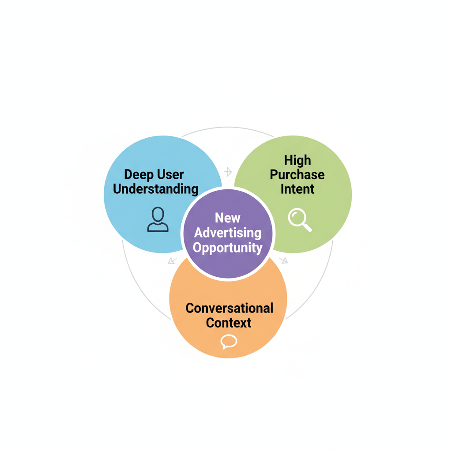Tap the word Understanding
point(155,189)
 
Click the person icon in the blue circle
point(158,220)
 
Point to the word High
point(297,160)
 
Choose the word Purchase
point(297,174)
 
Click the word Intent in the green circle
point(297,189)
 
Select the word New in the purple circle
point(228,218)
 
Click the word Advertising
point(228,233)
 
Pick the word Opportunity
point(228,248)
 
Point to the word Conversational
point(229,308)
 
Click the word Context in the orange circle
point(229,323)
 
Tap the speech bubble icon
point(229,341)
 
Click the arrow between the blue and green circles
point(228,172)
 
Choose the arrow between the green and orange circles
point(284,260)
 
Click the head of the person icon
point(158,215)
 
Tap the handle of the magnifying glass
point(308,228)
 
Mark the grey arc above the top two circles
point(228,128)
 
